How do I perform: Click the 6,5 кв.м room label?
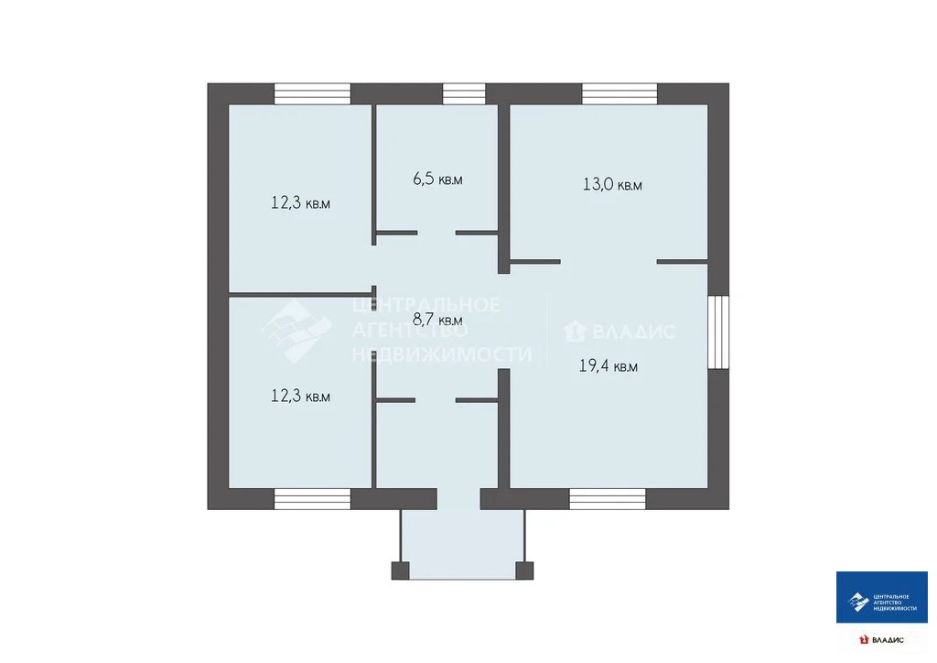[x=437, y=179]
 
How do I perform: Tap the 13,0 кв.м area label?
[x=612, y=184]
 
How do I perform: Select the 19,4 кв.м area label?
[x=609, y=365]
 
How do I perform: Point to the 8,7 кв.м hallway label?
[x=437, y=320]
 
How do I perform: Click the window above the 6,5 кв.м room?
[x=464, y=93]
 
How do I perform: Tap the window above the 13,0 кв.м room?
[x=619, y=93]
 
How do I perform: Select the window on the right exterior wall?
[x=718, y=331]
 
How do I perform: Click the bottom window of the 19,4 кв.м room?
[x=608, y=499]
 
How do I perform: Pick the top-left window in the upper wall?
[x=312, y=93]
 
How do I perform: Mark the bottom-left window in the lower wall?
[x=312, y=499]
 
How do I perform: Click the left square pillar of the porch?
[x=401, y=571]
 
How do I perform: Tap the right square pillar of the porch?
[x=524, y=571]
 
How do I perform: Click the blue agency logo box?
[x=882, y=597]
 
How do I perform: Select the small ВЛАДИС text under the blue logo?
[x=888, y=640]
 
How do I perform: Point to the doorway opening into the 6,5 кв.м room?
[x=436, y=233]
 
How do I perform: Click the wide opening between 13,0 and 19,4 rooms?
[x=609, y=262]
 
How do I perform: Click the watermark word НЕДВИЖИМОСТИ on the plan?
[x=442, y=354]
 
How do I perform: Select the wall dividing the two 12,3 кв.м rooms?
[x=301, y=296]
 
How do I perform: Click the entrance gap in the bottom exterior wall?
[x=459, y=499]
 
